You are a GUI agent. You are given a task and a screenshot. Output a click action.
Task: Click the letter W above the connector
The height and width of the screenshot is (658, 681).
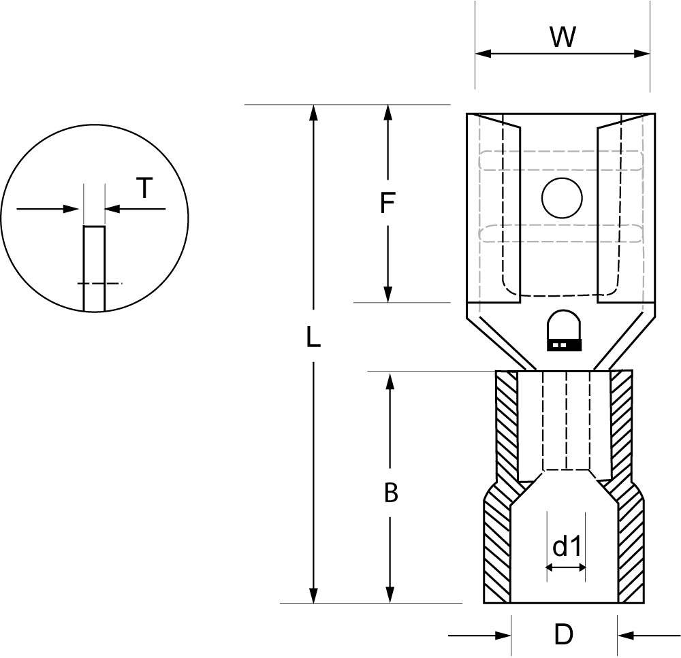(563, 37)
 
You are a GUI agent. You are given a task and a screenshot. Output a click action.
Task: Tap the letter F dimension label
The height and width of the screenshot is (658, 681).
(387, 203)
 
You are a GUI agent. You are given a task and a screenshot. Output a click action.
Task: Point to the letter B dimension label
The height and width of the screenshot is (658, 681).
(391, 493)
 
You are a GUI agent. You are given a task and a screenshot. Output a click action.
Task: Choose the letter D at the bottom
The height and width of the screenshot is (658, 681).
(564, 635)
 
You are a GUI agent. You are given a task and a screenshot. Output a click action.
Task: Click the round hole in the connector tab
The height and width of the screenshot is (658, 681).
(562, 198)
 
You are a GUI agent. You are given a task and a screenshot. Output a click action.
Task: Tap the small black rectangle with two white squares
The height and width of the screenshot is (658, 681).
(564, 345)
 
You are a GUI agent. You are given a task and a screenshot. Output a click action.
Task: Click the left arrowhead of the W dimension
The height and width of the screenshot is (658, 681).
(483, 53)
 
